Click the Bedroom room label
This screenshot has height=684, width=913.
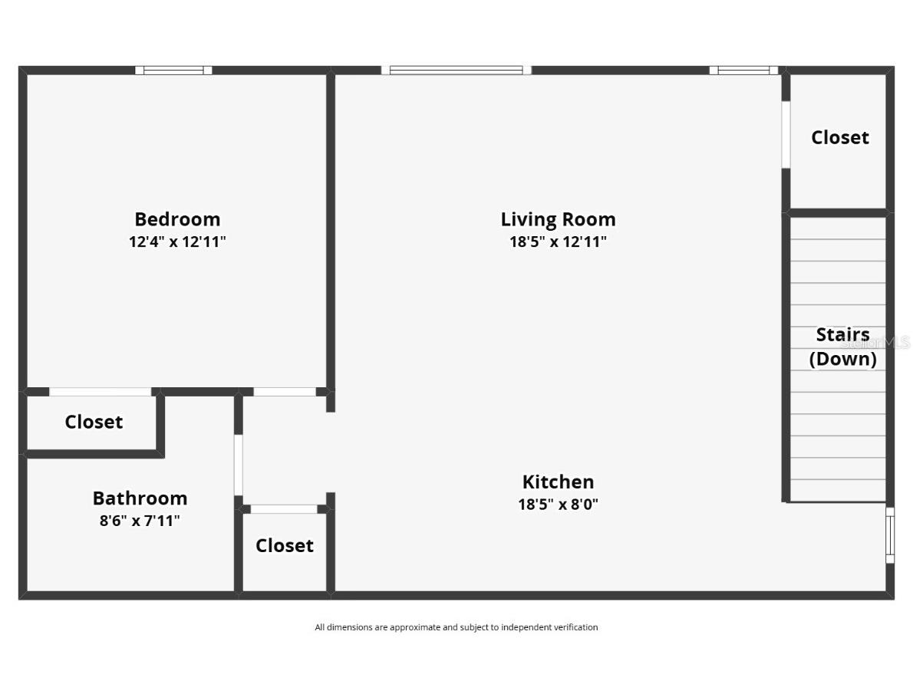pos(177,219)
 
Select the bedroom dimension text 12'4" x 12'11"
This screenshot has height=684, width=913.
pos(177,242)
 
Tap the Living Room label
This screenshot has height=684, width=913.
pos(558,219)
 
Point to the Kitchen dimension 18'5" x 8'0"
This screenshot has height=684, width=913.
pos(558,505)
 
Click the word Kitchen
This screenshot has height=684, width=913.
pos(558,482)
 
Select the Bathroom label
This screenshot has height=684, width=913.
pos(140,498)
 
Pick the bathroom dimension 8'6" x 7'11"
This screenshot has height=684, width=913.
pos(140,521)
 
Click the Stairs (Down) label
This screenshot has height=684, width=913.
pos(842,347)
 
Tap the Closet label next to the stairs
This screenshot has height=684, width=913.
pos(840,138)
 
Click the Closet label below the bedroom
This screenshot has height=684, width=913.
pos(94,422)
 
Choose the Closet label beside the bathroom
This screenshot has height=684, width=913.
pos(285,546)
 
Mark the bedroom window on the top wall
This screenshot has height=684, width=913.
pos(174,71)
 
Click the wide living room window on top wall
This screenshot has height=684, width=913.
pos(457,71)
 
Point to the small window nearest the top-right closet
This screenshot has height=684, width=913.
pos(743,71)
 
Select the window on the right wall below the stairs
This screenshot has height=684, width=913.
pos(890,534)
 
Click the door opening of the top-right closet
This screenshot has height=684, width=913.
pos(786,134)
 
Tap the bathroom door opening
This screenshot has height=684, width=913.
pos(239,465)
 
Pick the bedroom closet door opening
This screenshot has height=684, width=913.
pos(100,392)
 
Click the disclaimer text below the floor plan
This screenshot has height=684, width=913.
pos(456,627)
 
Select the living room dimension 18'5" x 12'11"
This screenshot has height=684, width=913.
pos(558,242)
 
